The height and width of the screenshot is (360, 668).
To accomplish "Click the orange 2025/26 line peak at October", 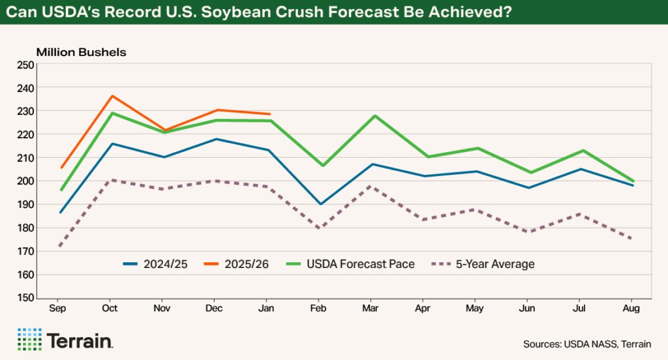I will [112, 96].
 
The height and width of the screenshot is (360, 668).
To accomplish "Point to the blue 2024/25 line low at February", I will [321, 204].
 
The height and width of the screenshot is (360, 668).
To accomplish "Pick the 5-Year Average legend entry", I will [483, 264].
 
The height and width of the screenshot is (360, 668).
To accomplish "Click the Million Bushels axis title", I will [81, 51].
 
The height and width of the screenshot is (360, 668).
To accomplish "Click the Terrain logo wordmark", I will [80, 340].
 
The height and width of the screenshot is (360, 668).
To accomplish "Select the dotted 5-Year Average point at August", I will [631, 239].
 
